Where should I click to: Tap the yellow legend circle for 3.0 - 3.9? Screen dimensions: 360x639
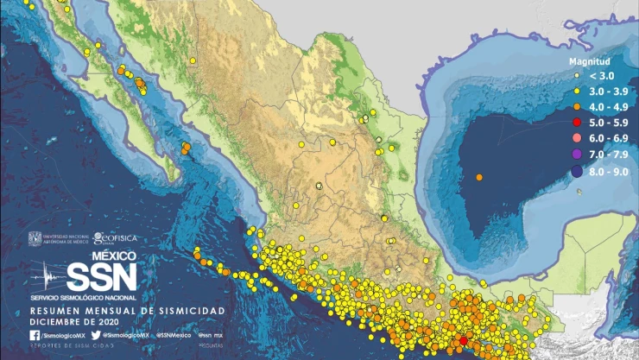pyautogui.click(x=576, y=91)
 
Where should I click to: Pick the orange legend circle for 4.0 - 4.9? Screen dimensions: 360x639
pyautogui.click(x=576, y=106)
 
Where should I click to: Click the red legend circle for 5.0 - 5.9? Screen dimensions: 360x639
pyautogui.click(x=576, y=122)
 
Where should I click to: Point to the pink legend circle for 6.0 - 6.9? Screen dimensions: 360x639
pyautogui.click(x=576, y=138)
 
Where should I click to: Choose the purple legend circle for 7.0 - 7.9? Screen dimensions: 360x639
pyautogui.click(x=576, y=155)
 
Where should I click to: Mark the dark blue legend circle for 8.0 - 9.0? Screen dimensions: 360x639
pyautogui.click(x=576, y=172)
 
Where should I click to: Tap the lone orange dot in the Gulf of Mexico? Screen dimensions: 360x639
pyautogui.click(x=479, y=177)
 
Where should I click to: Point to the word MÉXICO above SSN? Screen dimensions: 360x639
pyautogui.click(x=113, y=256)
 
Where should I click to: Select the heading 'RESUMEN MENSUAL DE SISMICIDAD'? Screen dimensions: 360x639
pyautogui.click(x=127, y=309)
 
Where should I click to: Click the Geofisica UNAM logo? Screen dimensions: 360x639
pyautogui.click(x=115, y=238)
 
